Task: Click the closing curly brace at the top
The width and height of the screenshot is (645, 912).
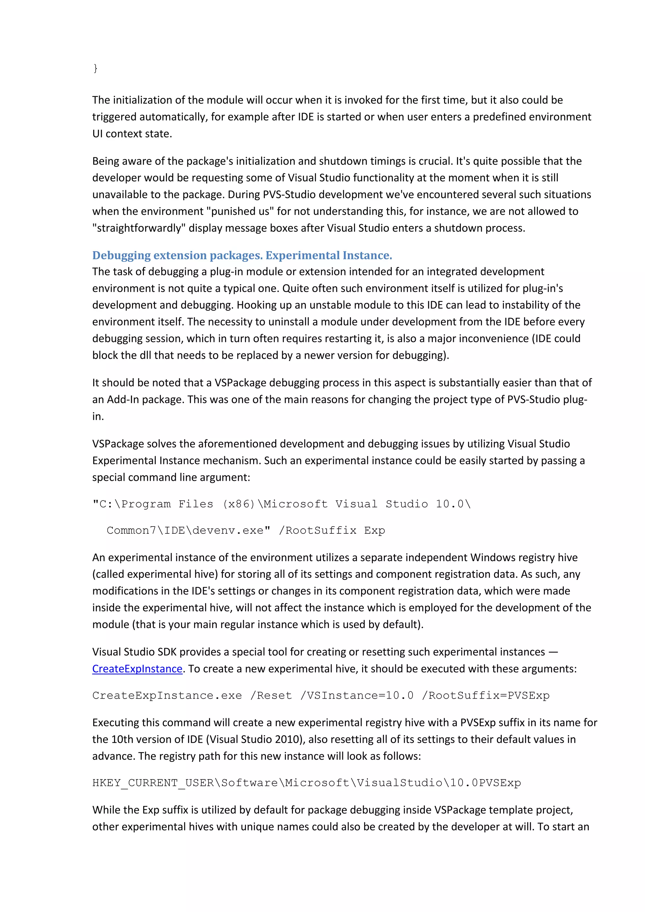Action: pos(95,68)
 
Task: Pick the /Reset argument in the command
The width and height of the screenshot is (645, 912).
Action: pos(271,695)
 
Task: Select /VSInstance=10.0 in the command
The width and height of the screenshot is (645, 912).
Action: pos(357,695)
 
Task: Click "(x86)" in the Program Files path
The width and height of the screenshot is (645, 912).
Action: pos(238,504)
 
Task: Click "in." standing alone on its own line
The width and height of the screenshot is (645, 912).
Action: pos(98,416)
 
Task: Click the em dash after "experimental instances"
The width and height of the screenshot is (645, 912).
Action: pos(553,652)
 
